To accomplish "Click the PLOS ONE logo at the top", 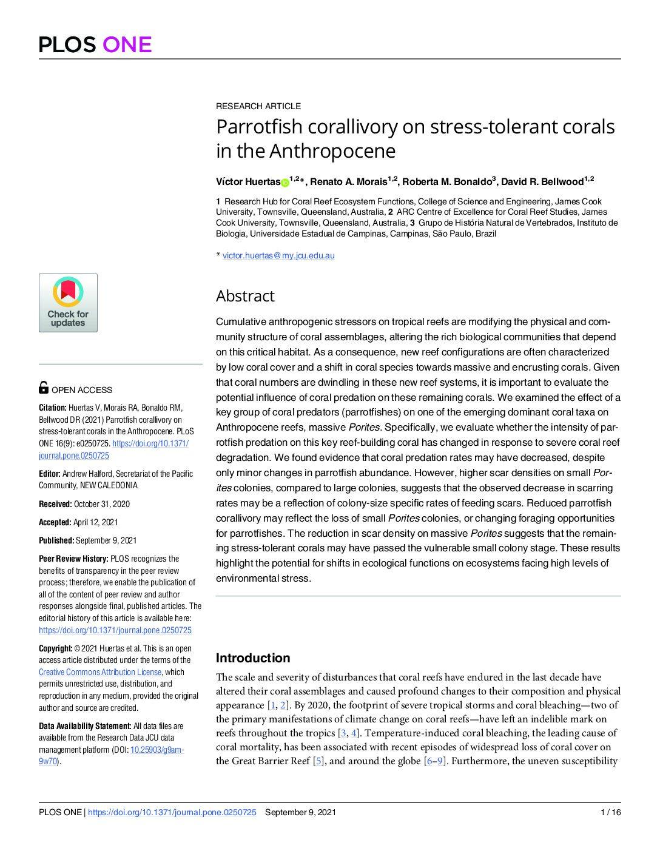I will pos(95,45).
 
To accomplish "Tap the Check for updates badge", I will pos(68,303).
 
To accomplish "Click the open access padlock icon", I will pos(44,387).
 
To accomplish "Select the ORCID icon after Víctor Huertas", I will pos(285,183).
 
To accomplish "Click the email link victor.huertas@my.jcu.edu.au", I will pos(278,255).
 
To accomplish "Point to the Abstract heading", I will pos(245,296).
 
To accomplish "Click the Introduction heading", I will pos(253,658).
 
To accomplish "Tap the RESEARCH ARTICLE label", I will pos(258,106).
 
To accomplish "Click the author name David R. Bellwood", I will pos(542,182).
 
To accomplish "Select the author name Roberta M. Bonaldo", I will pos(446,182).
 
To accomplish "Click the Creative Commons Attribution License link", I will pos(100,672).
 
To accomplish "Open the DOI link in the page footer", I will pos(172,812).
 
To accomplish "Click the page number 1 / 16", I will pos(610,812).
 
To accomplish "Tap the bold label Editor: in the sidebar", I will pos(49,474).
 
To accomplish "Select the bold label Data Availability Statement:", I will pos(85,726).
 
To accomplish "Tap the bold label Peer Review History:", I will pos(73,559).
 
